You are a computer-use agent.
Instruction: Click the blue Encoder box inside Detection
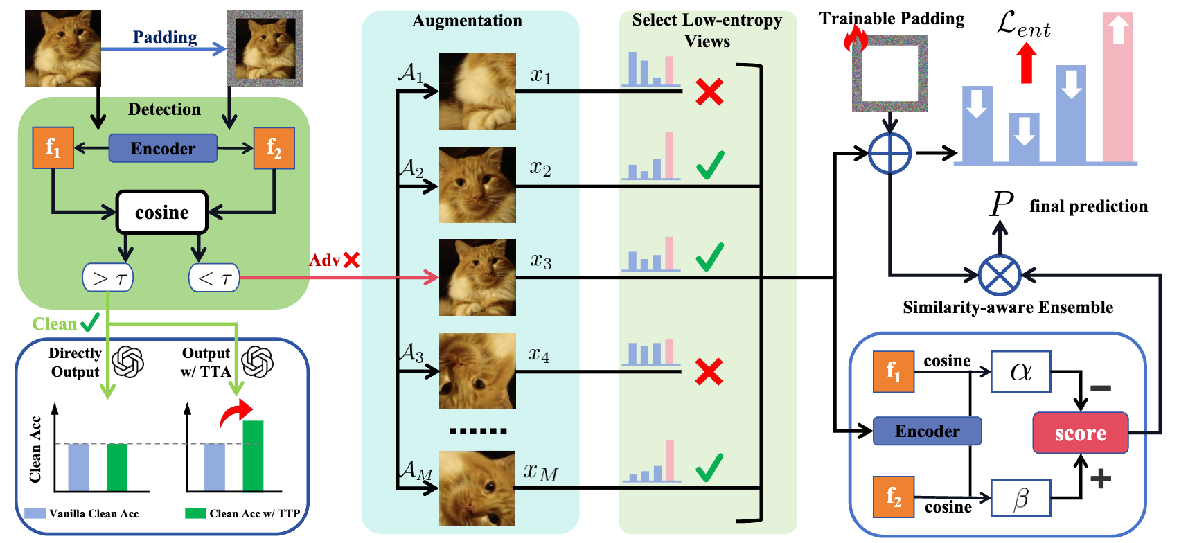(x=163, y=148)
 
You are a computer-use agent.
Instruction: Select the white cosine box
(x=162, y=212)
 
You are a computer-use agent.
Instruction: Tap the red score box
(x=1080, y=433)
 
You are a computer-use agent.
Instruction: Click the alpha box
(x=1020, y=371)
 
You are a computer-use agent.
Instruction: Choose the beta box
(x=1020, y=497)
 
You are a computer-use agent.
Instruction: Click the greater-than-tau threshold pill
(x=108, y=278)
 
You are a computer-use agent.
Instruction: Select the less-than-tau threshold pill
(x=214, y=278)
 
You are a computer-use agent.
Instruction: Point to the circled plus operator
(x=889, y=153)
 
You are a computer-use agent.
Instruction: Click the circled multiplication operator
(x=1000, y=275)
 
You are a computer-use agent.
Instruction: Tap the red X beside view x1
(x=709, y=91)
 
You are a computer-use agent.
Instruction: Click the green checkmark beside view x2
(x=710, y=165)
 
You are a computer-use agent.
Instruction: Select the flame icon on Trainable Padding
(x=856, y=39)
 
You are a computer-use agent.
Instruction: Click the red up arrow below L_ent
(x=1027, y=63)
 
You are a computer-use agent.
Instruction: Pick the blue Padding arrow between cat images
(x=163, y=48)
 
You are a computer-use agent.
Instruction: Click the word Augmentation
(x=467, y=21)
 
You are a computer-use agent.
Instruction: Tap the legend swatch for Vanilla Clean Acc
(x=35, y=513)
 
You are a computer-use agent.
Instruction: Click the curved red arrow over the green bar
(x=236, y=413)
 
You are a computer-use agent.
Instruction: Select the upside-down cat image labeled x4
(x=477, y=371)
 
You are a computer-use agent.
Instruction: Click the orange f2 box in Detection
(x=274, y=148)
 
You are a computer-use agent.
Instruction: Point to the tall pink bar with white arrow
(x=1117, y=88)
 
